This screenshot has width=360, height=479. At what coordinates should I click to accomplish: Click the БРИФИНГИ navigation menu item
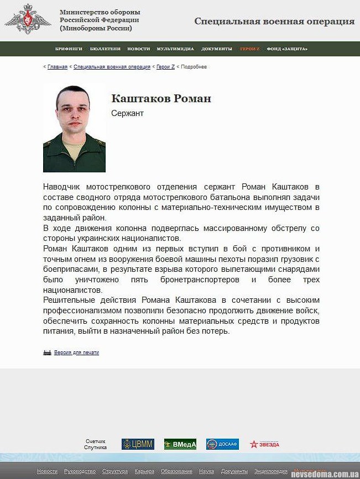(x=69, y=49)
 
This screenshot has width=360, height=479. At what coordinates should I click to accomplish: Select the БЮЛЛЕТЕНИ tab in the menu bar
(x=105, y=49)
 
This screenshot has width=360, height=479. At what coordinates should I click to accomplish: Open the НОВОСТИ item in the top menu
(x=138, y=49)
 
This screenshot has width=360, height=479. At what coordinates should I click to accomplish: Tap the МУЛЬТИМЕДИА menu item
(x=175, y=49)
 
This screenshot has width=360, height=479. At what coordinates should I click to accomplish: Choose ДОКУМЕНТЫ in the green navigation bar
(x=217, y=49)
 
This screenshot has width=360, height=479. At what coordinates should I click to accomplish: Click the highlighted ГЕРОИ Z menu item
(x=249, y=49)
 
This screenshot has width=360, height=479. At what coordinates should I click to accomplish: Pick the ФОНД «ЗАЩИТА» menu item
(x=287, y=49)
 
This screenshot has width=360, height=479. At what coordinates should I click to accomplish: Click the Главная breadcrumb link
(x=58, y=67)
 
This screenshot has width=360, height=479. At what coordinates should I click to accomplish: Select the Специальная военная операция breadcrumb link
(x=112, y=67)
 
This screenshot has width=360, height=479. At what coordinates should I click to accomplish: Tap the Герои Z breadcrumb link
(x=165, y=67)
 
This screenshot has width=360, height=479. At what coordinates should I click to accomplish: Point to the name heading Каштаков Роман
(x=161, y=99)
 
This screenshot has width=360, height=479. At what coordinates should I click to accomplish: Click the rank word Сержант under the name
(x=127, y=113)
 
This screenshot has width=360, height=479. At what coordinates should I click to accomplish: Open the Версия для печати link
(x=76, y=352)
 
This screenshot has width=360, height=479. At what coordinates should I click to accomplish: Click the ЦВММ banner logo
(x=138, y=444)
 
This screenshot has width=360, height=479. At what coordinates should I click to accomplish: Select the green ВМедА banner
(x=180, y=444)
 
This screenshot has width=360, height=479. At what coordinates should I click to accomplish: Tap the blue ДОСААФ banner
(x=222, y=444)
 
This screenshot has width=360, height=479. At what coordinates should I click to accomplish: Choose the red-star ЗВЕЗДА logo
(x=264, y=444)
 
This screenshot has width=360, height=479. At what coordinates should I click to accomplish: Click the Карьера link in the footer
(x=144, y=471)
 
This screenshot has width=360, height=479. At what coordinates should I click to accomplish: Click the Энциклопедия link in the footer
(x=271, y=471)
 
